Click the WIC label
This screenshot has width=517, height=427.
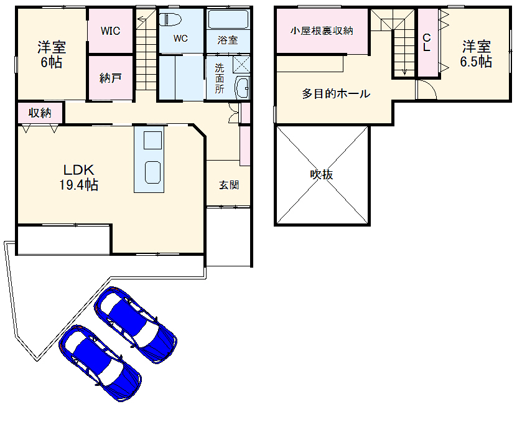[x=111, y=30]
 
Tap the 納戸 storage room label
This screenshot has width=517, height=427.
[x=110, y=78]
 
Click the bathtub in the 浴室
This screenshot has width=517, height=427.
[x=228, y=20]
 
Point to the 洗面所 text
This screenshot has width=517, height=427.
[x=220, y=78]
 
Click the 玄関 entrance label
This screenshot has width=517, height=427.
[x=228, y=185]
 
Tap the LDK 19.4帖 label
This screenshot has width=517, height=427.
[x=78, y=177]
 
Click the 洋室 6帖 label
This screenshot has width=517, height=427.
[x=51, y=55]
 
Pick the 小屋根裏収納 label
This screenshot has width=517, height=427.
[x=322, y=30]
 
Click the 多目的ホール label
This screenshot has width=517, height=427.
[x=336, y=94]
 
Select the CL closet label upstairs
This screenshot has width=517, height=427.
[x=427, y=42]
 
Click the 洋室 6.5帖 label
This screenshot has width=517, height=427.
[x=476, y=54]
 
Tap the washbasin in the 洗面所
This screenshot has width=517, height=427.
[x=242, y=88]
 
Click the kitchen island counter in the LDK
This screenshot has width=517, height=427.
[x=150, y=159]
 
